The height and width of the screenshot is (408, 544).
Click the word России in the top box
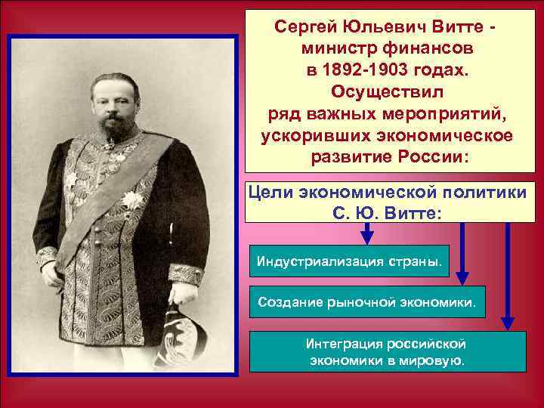click(431, 159)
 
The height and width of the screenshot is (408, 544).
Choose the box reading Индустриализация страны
click(350, 261)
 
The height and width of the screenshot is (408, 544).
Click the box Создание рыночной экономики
click(367, 303)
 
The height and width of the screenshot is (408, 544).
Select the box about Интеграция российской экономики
click(388, 351)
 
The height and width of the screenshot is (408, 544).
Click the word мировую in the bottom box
click(430, 361)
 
